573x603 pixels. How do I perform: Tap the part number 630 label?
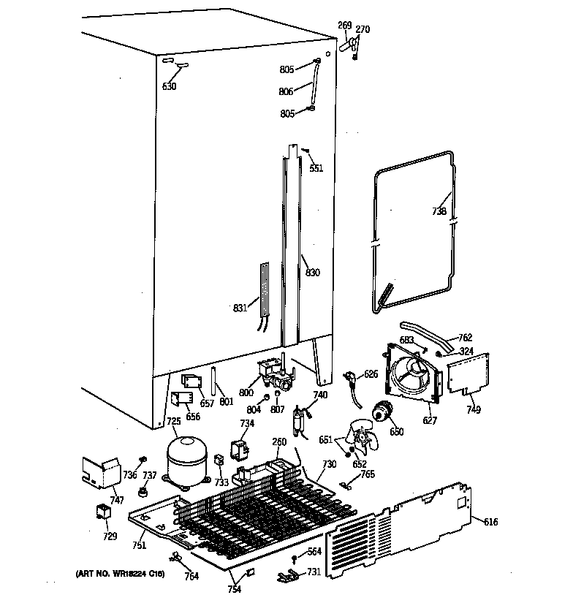click(x=170, y=86)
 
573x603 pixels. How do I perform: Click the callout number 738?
click(x=438, y=211)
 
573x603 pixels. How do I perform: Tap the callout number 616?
click(x=490, y=521)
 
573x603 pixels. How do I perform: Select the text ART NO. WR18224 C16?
click(x=119, y=575)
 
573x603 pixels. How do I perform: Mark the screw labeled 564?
click(x=294, y=558)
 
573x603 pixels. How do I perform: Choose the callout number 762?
click(x=465, y=338)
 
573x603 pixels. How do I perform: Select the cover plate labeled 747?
click(x=100, y=471)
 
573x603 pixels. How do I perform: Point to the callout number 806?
click(x=286, y=91)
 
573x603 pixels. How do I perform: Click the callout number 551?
click(x=316, y=168)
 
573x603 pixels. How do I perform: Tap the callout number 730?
click(x=329, y=465)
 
